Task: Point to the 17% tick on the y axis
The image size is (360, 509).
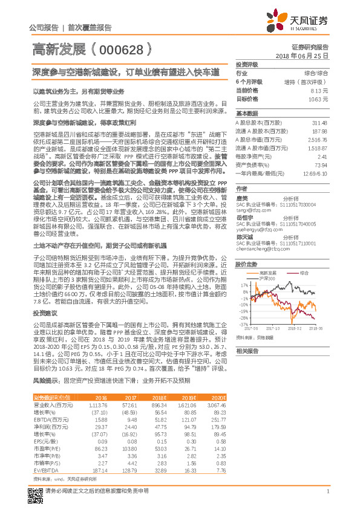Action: [242, 284]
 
